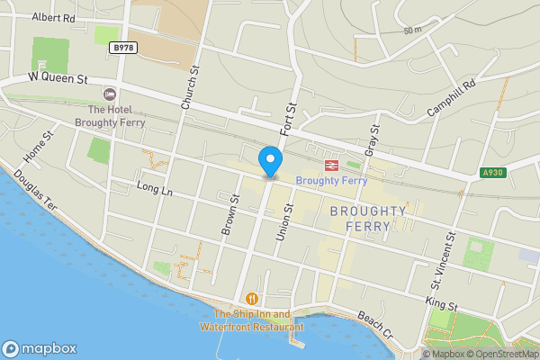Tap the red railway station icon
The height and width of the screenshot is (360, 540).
click(x=330, y=165)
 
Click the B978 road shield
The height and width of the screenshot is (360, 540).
click(x=123, y=47)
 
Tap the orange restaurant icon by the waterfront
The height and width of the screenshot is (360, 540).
click(x=252, y=299)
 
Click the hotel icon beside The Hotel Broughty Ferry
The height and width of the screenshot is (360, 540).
click(x=111, y=94)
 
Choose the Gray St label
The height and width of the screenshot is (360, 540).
click(x=369, y=139)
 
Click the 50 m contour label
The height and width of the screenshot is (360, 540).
click(x=412, y=31)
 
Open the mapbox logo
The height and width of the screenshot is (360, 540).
click(x=40, y=348)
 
